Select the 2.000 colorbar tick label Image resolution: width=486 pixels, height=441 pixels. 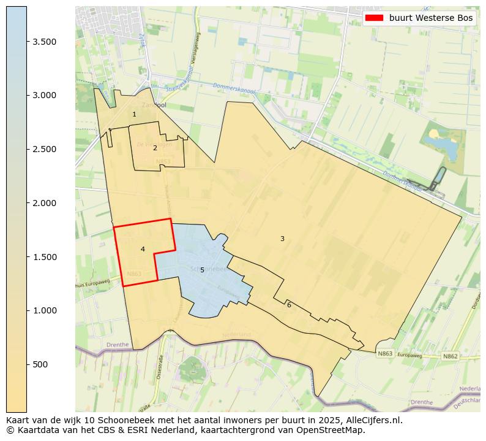pyautogui.click(x=45, y=203)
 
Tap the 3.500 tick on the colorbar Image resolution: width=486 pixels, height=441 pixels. pyautogui.click(x=45, y=42)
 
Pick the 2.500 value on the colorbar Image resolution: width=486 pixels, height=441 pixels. pyautogui.click(x=45, y=149)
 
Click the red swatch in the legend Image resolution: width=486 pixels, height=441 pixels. pyautogui.click(x=373, y=18)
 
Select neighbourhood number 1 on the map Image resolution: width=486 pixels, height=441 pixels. pyautogui.click(x=134, y=115)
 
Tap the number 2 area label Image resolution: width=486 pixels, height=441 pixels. pyautogui.click(x=155, y=148)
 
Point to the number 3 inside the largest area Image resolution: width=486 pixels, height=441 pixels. pyautogui.click(x=282, y=239)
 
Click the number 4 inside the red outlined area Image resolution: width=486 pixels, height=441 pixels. pyautogui.click(x=143, y=249)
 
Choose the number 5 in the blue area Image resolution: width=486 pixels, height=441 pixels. pyautogui.click(x=202, y=270)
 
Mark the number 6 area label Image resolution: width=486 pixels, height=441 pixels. pyautogui.click(x=289, y=305)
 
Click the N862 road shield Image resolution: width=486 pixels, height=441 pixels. pyautogui.click(x=450, y=356)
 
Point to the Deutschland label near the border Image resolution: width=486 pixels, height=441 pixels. pyautogui.click(x=469, y=399)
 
